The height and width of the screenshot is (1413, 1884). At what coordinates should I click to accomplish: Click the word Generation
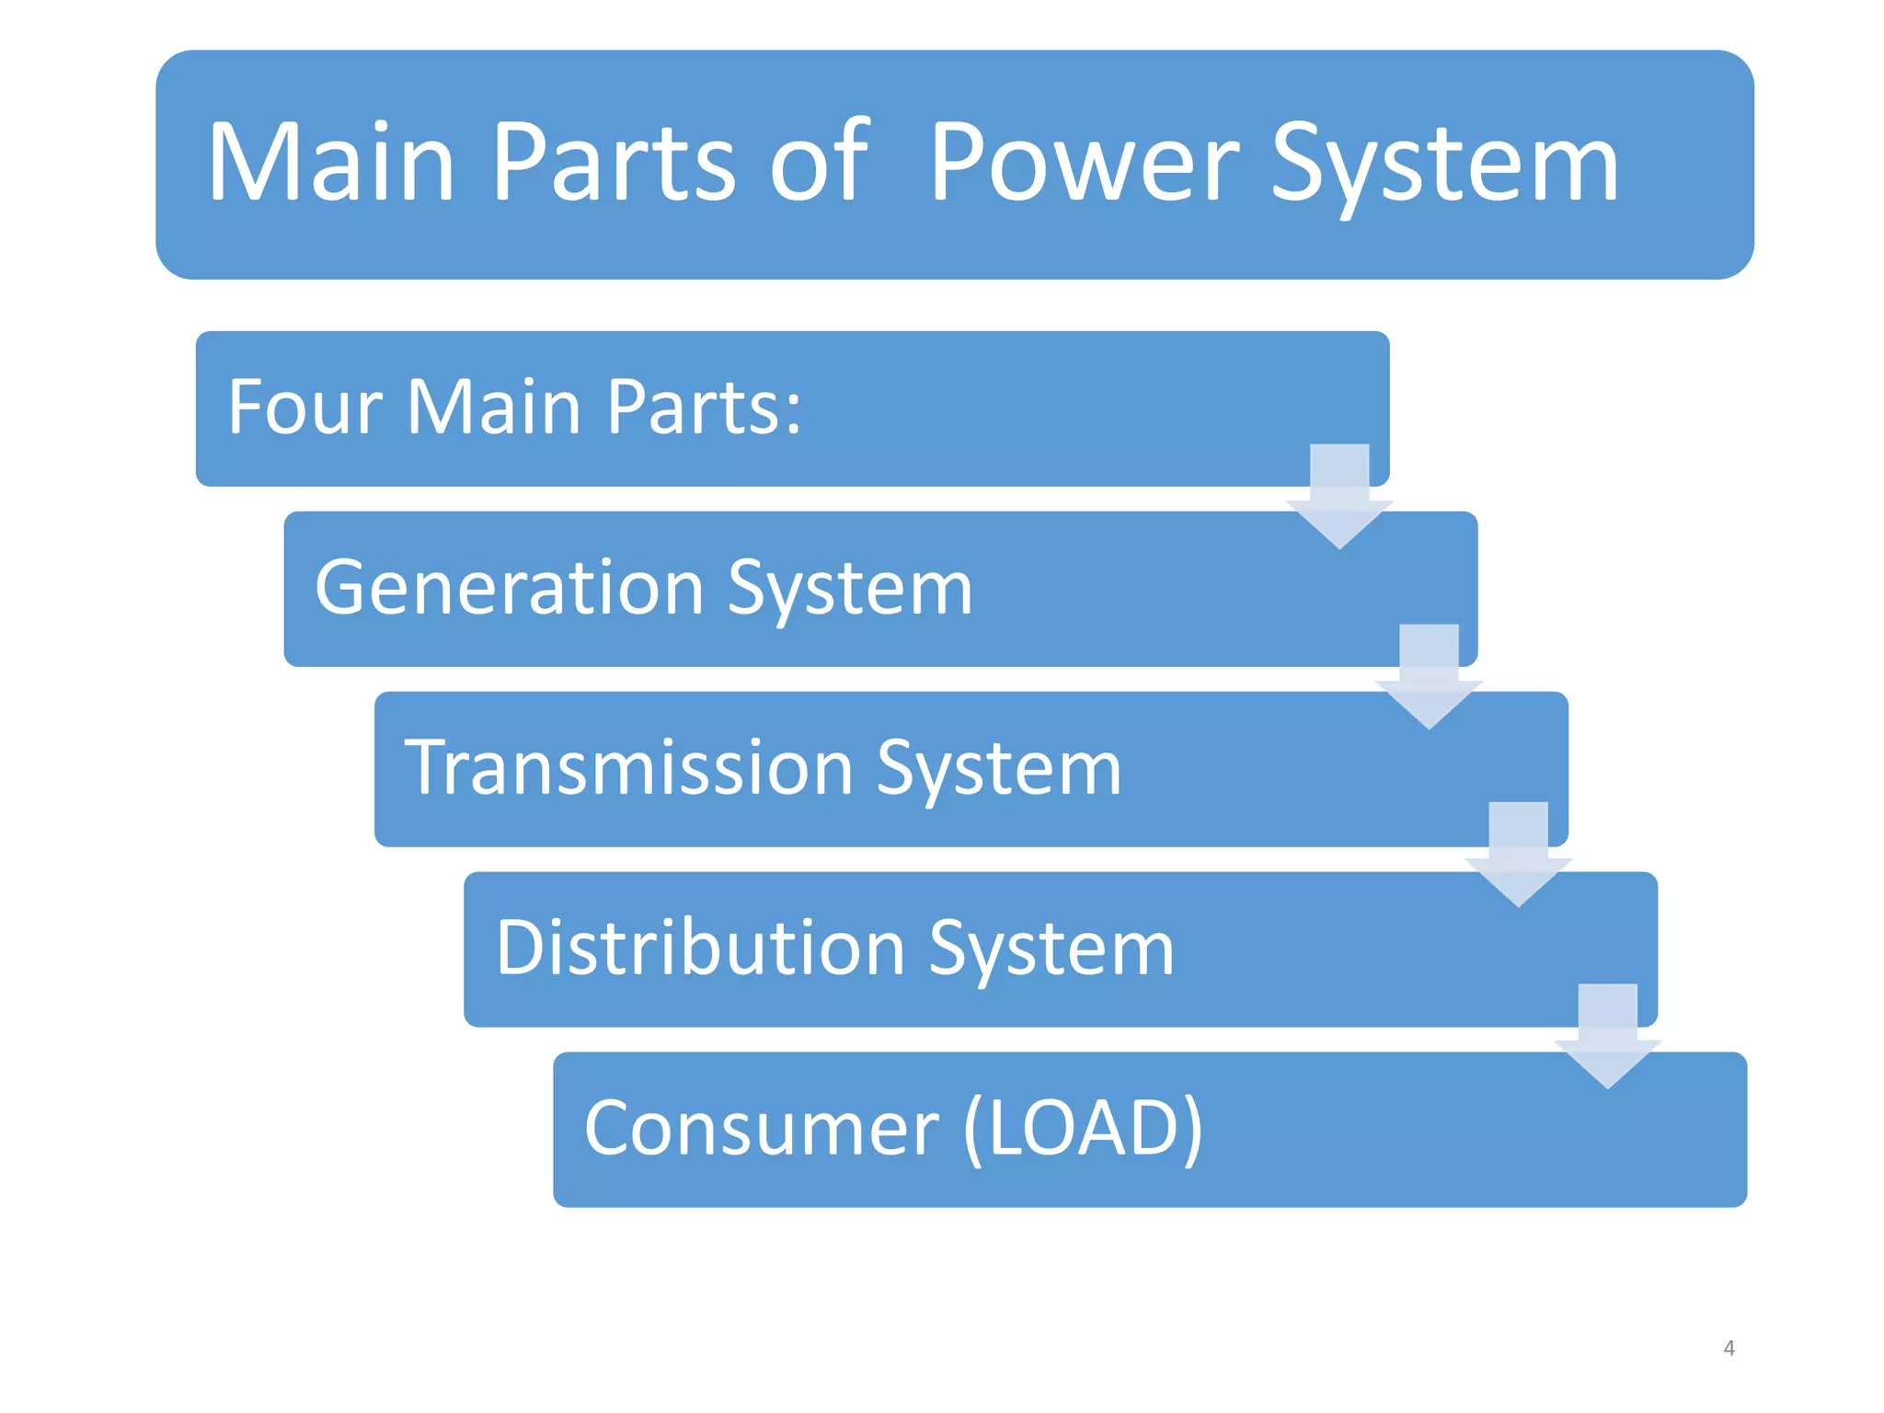pyautogui.click(x=510, y=588)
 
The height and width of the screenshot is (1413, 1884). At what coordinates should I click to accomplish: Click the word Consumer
pyautogui.click(x=762, y=1129)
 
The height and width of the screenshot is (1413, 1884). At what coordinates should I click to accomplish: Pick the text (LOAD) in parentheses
pyautogui.click(x=1083, y=1129)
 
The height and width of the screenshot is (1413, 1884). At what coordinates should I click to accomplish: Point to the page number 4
pyautogui.click(x=1729, y=1349)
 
